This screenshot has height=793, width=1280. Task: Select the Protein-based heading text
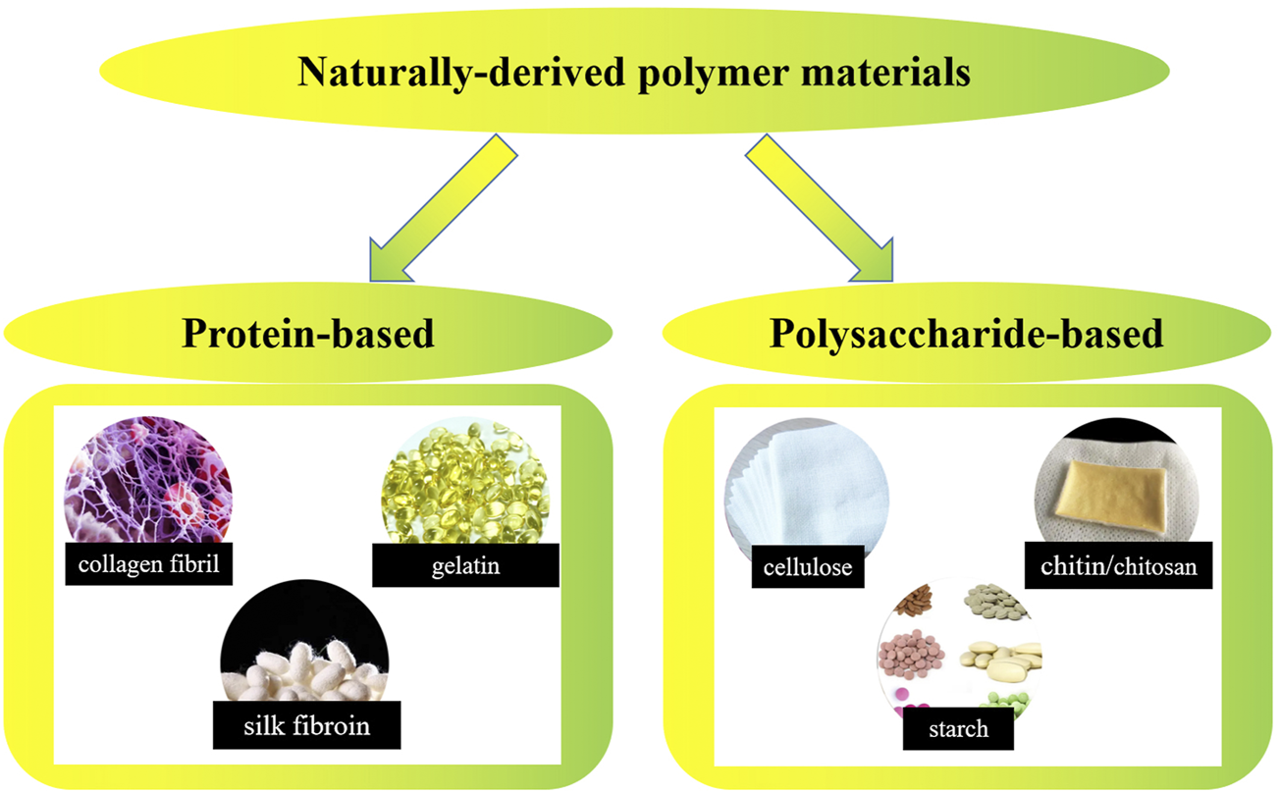click(x=307, y=333)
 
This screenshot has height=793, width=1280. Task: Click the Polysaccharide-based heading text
click(x=966, y=333)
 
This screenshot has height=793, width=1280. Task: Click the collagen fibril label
click(x=149, y=563)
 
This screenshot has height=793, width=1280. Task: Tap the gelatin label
click(x=466, y=564)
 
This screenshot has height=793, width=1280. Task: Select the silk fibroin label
click(x=307, y=726)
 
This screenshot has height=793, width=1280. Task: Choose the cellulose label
click(x=807, y=566)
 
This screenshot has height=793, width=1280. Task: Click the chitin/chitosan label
click(x=1120, y=565)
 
